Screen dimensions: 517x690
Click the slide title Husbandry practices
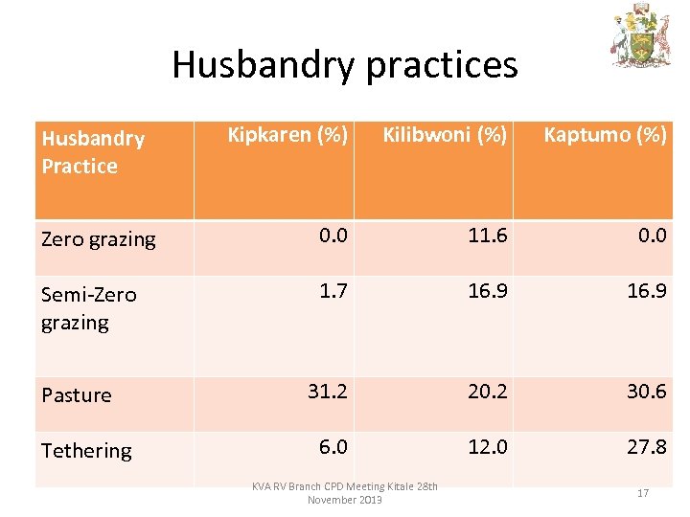point(344,65)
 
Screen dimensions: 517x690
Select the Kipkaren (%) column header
point(287,135)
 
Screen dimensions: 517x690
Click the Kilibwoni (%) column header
point(445,135)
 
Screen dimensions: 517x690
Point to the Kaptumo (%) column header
point(605,135)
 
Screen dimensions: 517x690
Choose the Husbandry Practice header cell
point(93,152)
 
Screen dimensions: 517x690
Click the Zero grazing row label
point(98,239)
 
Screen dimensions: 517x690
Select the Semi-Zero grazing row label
point(89,308)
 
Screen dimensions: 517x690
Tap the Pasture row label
point(77,394)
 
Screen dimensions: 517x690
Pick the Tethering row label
point(86,450)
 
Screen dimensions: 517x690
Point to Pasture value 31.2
point(328,391)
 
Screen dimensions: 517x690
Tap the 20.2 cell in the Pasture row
point(487,391)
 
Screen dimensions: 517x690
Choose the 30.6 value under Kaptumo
point(646,391)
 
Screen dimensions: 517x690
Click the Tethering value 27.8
point(646,446)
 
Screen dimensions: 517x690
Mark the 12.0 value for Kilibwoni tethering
point(487,446)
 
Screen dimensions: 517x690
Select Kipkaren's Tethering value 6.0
point(332,446)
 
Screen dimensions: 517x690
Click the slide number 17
point(643,493)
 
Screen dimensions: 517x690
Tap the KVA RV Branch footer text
point(345,493)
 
